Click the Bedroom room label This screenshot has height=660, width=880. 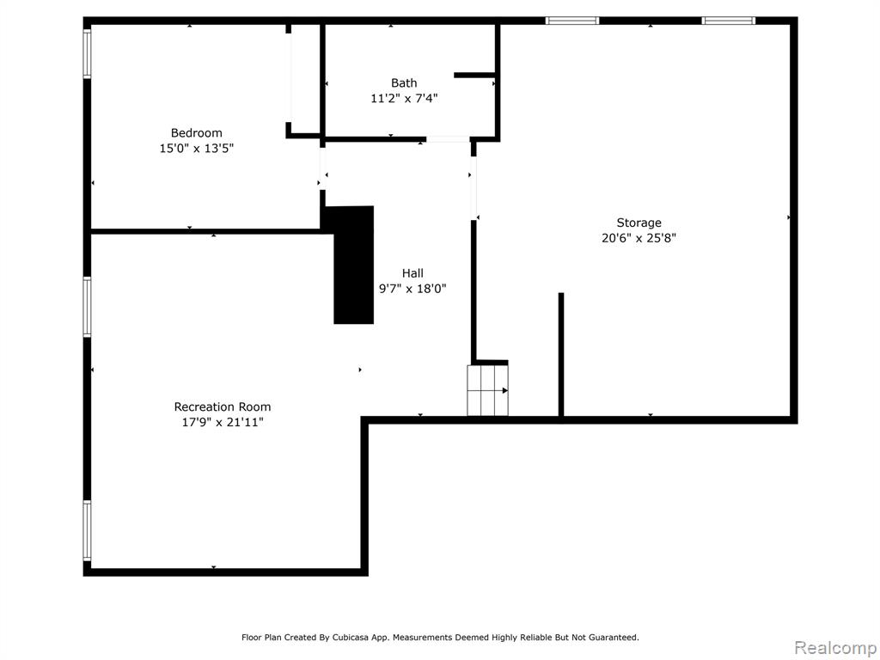point(197,133)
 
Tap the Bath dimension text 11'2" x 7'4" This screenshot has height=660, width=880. point(404,98)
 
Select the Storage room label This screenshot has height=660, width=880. point(639,223)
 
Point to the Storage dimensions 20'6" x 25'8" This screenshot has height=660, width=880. point(639,238)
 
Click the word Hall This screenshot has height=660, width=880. point(412,273)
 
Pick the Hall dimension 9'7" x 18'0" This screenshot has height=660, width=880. point(412,289)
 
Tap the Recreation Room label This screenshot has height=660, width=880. point(223,406)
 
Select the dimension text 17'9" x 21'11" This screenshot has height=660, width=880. point(223,422)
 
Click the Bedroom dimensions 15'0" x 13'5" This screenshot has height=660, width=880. point(197,149)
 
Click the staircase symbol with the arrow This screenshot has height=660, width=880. point(488,391)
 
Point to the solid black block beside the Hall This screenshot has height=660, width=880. point(353,265)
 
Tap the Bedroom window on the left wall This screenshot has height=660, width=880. point(87,52)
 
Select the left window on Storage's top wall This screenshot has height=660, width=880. point(572,21)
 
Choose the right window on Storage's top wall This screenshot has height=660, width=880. point(729,21)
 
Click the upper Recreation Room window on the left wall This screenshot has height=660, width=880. point(87,307)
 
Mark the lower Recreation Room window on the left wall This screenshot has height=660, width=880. point(87,530)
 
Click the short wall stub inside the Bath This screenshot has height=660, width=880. point(474,76)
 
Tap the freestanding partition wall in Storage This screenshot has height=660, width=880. point(560,355)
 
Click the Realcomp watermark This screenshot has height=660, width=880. point(835,648)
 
